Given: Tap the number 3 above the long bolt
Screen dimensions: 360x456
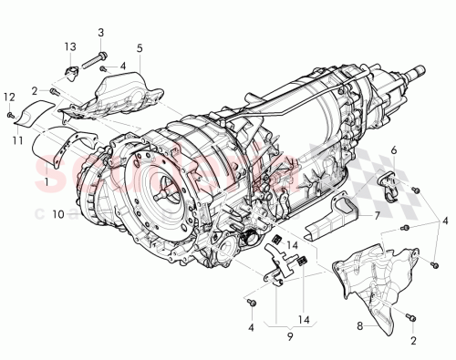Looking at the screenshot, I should click(x=99, y=32).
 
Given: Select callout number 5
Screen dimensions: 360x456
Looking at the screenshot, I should click(x=140, y=46).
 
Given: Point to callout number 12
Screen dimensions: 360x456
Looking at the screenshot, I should click(x=8, y=97).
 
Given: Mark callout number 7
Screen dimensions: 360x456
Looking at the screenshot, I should click(x=375, y=217).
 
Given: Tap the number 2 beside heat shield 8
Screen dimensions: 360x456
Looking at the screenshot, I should click(x=415, y=341).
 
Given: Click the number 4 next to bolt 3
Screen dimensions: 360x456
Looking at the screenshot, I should click(x=123, y=67).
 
